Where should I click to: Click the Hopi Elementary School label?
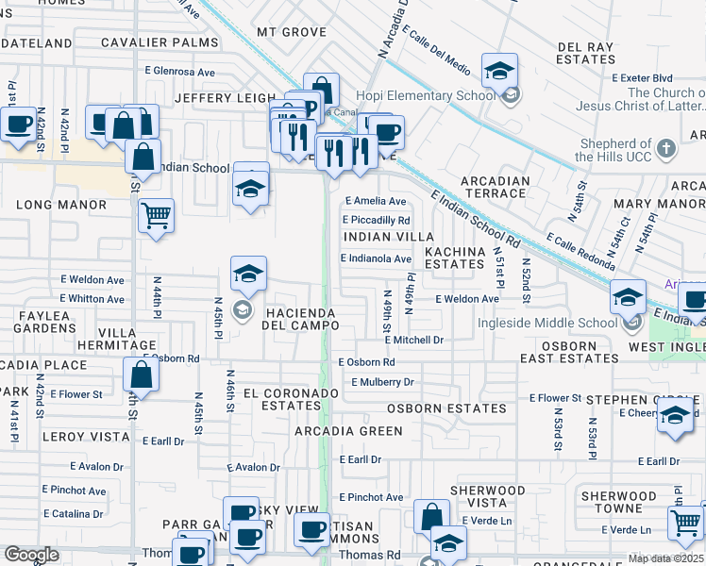425,95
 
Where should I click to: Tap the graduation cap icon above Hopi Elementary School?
499,70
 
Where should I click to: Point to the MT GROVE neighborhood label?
292,32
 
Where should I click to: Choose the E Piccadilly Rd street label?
377,221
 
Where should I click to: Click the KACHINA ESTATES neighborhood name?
454,258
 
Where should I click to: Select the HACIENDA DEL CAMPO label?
301,318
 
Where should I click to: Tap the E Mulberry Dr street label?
382,382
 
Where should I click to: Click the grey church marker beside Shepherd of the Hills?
665,149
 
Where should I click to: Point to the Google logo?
31,555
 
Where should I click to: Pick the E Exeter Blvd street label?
642,77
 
